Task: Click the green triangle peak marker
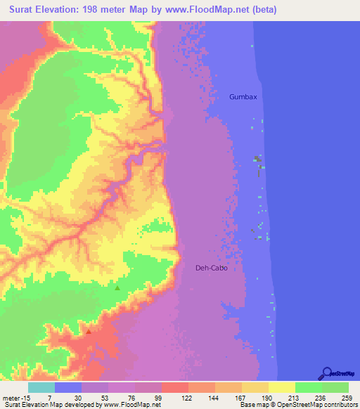pos(117,287)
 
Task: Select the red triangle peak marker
pos(89,330)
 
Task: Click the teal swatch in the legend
pos(41,387)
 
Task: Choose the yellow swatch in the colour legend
pos(281,387)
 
